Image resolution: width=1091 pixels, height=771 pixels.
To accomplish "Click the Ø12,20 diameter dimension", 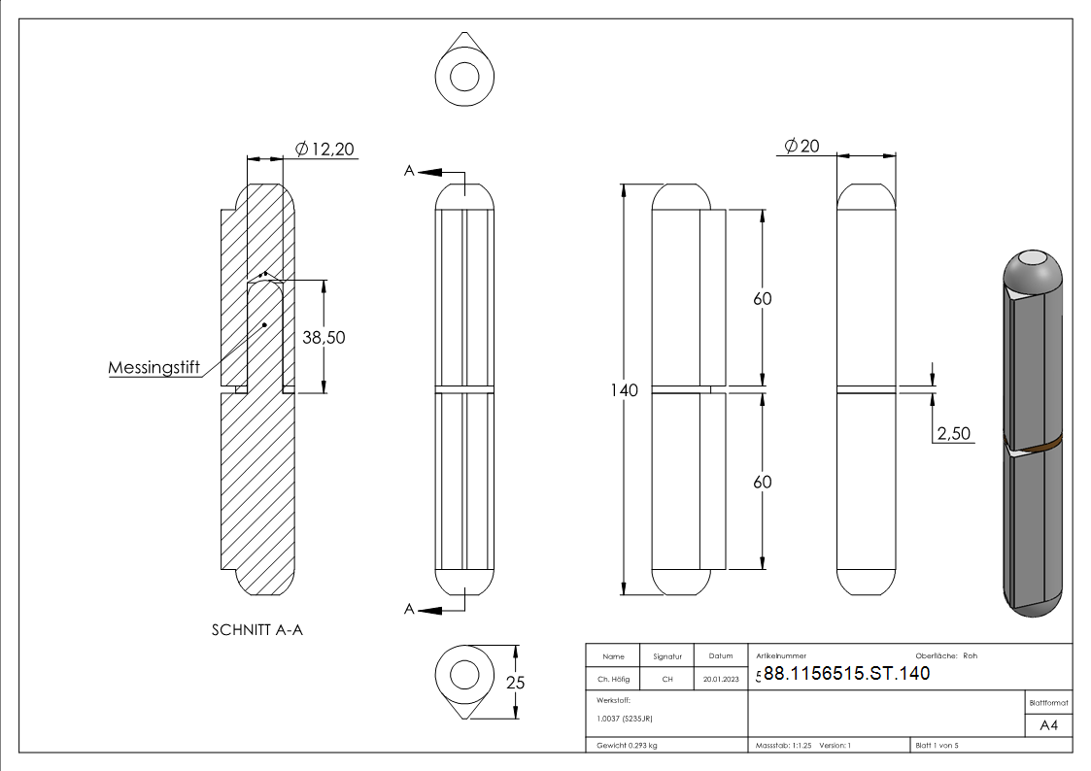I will tap(324, 149).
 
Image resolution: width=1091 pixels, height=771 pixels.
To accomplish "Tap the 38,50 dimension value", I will tap(324, 337).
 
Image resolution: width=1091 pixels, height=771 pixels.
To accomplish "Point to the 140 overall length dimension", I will tap(625, 390).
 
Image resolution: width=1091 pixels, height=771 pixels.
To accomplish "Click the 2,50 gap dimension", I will tap(954, 433).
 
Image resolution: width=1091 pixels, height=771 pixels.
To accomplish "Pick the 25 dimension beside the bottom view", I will tap(516, 683).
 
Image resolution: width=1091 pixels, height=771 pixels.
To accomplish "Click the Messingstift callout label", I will tap(153, 367).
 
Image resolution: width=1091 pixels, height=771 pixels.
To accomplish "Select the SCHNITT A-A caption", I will tap(257, 630).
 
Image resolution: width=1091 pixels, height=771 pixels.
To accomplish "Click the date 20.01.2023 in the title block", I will tap(720, 680).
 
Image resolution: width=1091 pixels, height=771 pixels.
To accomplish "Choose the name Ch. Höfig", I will tap(612, 680).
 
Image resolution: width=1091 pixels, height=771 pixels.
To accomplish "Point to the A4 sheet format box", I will tap(1049, 724).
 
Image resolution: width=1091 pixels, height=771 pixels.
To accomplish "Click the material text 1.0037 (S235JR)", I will tap(624, 719).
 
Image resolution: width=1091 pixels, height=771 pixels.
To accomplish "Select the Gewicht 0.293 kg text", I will tap(628, 746).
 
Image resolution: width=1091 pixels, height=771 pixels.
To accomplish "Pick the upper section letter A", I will tap(410, 171).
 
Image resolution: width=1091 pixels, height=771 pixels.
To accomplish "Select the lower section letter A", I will tap(410, 609).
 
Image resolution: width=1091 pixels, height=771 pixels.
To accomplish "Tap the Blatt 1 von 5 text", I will tap(938, 746).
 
